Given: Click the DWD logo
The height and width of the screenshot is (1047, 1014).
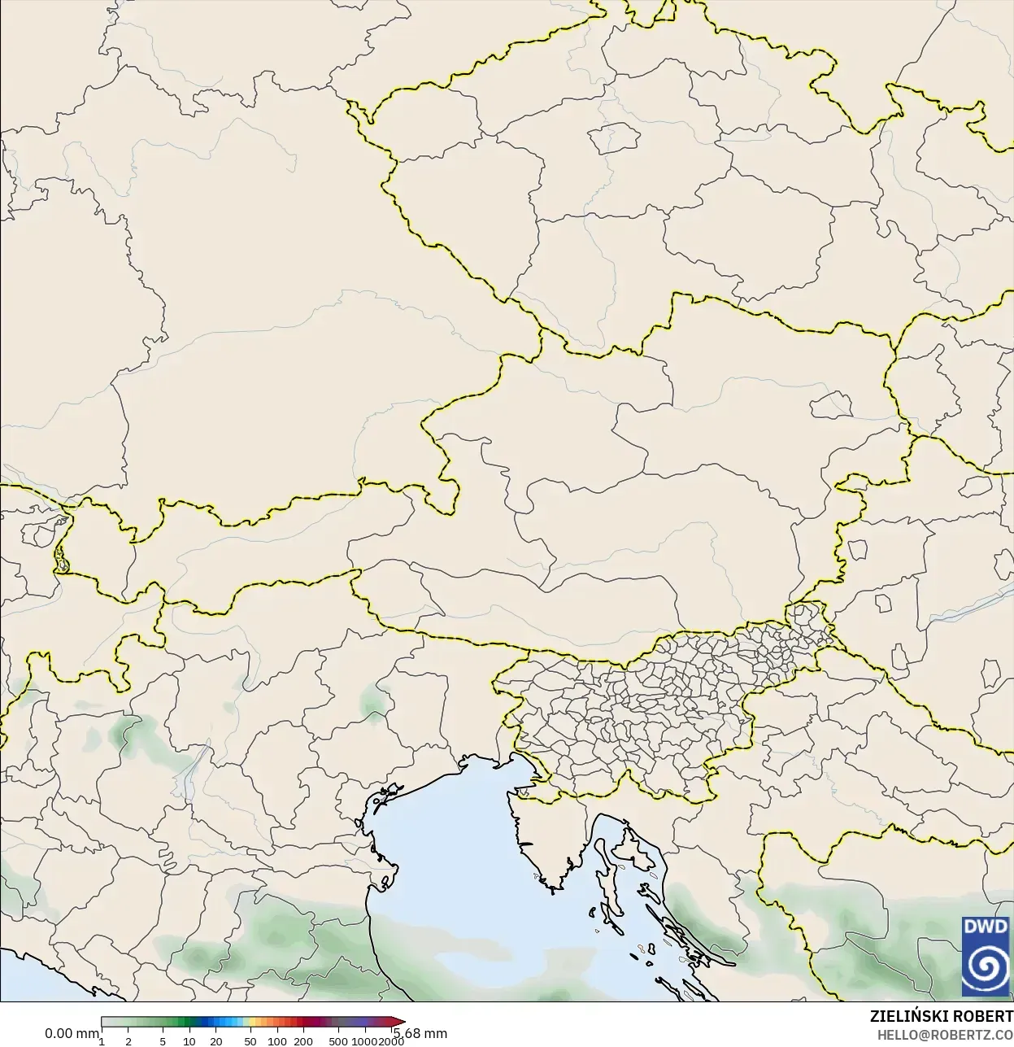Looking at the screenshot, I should coord(986,956).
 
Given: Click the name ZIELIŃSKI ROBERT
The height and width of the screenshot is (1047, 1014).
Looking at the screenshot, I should coord(941,1017).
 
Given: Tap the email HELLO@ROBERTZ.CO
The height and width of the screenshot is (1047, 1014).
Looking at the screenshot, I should coord(945,1035).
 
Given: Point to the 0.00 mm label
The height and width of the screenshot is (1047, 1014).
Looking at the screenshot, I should coord(72,1034).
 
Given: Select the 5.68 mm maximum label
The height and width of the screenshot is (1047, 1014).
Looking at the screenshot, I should coord(420,1034).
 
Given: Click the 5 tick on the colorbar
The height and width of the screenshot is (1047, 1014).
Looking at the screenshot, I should coord(163,1041).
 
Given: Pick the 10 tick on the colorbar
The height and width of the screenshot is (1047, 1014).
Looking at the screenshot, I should coord(189,1041).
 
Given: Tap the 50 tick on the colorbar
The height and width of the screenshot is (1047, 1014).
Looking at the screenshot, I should coord(250,1041).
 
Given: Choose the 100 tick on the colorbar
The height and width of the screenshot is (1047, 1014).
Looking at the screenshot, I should coord(277,1041).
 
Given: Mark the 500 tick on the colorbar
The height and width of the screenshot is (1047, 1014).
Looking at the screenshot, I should coord(338,1041).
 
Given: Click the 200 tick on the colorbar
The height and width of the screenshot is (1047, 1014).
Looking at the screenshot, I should coord(303,1041).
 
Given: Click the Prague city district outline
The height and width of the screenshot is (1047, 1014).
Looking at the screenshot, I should coord(615,137).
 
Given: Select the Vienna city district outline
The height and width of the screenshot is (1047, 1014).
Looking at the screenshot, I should coord(830,402).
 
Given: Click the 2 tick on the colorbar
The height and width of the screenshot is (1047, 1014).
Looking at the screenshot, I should coord(128,1041).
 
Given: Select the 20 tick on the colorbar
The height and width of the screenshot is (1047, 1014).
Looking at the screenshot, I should coord(216,1041).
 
